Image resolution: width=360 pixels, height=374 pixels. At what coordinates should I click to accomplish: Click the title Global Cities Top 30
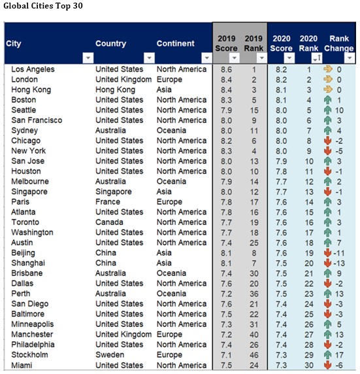click(x=43, y=6)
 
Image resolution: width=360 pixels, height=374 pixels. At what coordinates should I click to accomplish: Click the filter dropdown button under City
click(x=88, y=58)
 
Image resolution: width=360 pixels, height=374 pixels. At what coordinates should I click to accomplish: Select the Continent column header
click(x=176, y=43)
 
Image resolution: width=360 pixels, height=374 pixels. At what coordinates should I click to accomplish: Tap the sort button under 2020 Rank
click(x=317, y=58)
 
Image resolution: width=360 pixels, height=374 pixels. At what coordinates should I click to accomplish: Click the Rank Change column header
click(x=339, y=43)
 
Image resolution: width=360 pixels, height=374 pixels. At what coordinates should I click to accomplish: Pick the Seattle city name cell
click(x=24, y=110)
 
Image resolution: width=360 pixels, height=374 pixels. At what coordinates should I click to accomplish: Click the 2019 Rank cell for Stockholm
click(x=254, y=355)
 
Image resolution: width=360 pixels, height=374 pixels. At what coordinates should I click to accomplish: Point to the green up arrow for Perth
click(x=328, y=294)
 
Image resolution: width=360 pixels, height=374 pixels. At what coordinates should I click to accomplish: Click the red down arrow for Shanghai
click(x=328, y=263)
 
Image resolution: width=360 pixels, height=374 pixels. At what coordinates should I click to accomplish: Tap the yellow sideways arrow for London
click(x=328, y=79)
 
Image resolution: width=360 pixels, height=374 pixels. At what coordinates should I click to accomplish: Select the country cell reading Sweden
click(x=110, y=354)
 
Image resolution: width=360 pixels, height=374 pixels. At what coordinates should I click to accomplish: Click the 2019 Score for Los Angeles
click(x=226, y=69)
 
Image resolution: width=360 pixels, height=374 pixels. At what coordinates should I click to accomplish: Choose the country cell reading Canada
click(x=109, y=222)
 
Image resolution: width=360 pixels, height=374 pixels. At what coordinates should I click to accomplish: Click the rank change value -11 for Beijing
click(x=339, y=253)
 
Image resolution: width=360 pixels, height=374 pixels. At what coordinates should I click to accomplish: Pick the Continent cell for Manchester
click(x=169, y=334)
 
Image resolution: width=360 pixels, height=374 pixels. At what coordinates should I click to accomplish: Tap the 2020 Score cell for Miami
click(x=282, y=365)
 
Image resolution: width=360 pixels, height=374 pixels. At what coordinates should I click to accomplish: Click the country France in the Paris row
click(x=108, y=202)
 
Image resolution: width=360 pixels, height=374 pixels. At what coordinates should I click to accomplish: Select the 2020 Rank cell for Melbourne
click(x=309, y=182)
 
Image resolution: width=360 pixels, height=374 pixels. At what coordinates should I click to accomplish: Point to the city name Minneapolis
click(x=33, y=324)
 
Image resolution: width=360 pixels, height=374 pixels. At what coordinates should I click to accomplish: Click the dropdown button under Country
click(x=149, y=58)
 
